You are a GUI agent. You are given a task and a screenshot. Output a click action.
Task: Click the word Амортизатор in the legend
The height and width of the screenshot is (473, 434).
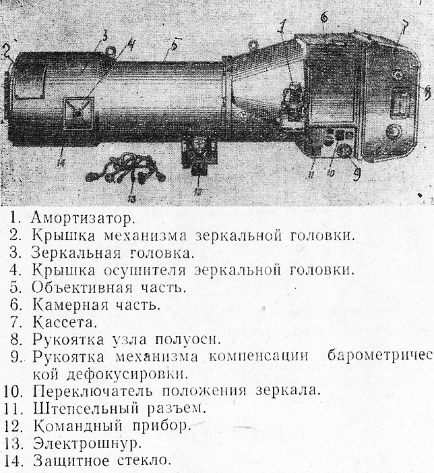coord(82,218)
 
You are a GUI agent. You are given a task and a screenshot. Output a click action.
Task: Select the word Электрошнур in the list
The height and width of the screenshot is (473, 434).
coord(87,443)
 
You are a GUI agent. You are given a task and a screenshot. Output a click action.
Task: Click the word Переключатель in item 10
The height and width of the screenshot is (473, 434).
coord(93,391)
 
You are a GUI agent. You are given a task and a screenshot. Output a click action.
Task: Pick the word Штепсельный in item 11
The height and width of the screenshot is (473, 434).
coord(86,409)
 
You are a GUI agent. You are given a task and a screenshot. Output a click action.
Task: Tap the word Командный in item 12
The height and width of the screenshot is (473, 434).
coord(77,426)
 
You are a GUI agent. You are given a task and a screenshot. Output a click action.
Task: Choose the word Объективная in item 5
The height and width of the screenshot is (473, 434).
coord(82,287)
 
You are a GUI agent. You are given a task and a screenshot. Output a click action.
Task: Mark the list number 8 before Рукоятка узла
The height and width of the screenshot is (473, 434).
coord(16,339)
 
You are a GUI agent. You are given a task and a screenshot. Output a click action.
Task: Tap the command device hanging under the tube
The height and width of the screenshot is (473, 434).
coord(199,155)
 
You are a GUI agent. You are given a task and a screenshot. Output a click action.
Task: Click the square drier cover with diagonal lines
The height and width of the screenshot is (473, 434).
coord(78,113)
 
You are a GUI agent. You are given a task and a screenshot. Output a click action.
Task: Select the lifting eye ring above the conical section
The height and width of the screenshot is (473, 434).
coord(253,45)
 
